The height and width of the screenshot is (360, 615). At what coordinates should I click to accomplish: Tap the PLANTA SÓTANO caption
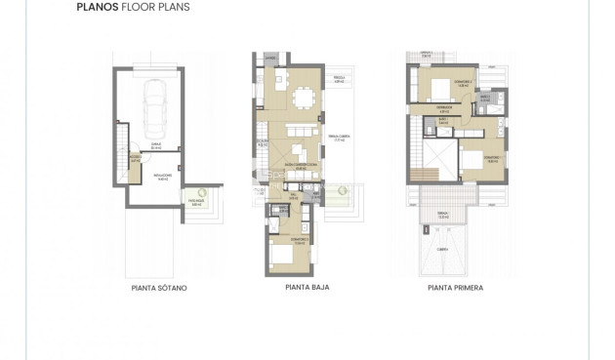click(158, 289)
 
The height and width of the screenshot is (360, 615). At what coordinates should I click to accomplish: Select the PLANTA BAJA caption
click(307, 289)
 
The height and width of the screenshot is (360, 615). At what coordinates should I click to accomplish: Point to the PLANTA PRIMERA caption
click(455, 289)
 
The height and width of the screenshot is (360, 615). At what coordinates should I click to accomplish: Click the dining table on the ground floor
click(304, 99)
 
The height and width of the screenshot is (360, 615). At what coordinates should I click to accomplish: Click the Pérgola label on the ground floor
click(339, 80)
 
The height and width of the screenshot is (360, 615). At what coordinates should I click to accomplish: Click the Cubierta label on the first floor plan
click(442, 249)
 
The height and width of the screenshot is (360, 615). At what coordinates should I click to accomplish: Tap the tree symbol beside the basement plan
click(198, 193)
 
